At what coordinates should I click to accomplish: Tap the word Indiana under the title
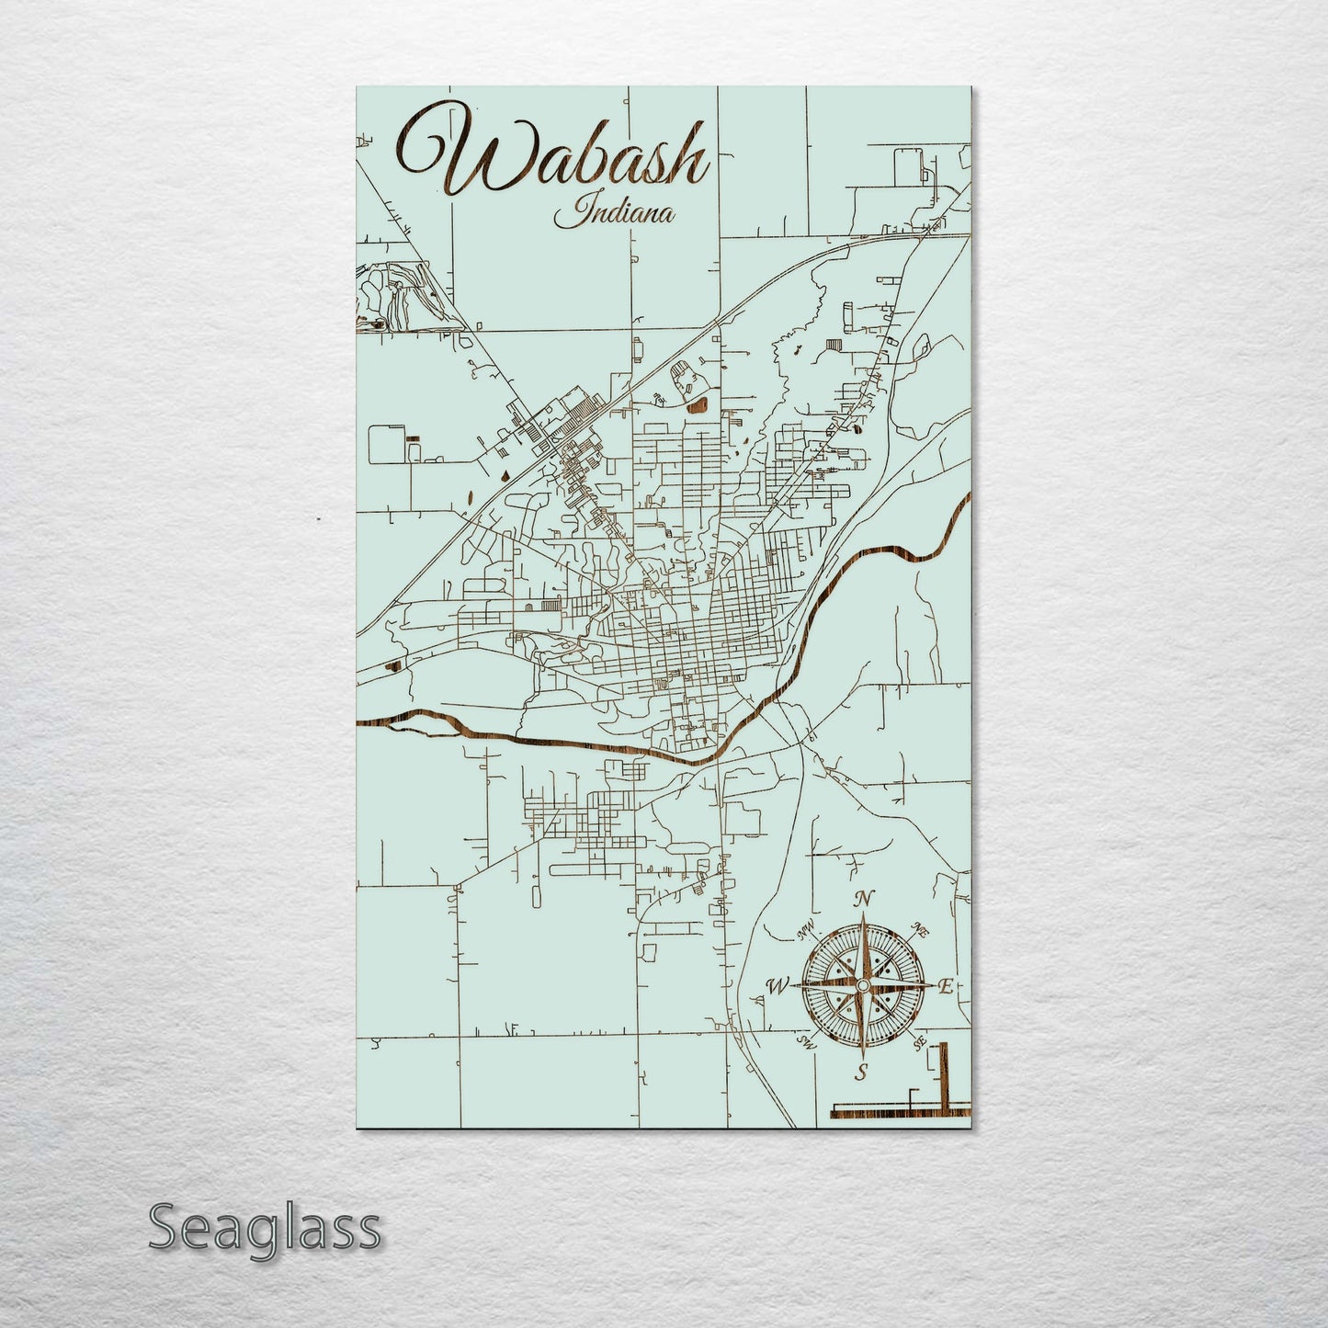(614, 215)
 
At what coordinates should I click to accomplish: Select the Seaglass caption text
(264, 1228)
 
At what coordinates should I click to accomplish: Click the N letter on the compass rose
(862, 900)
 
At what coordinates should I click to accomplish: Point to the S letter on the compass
(861, 1072)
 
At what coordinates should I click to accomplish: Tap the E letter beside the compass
(944, 986)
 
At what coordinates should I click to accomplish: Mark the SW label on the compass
(807, 1042)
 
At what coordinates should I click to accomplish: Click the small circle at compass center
(862, 985)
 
